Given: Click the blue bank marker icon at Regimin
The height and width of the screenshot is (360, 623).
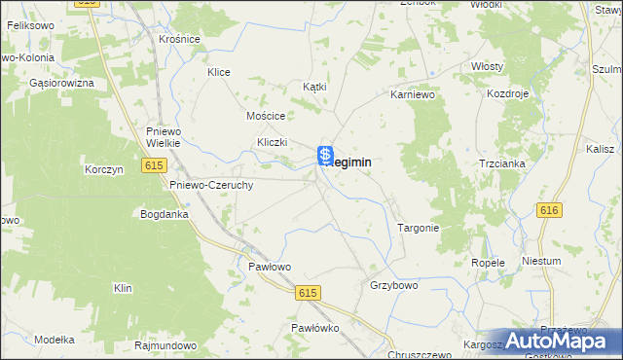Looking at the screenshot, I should pos(327,155).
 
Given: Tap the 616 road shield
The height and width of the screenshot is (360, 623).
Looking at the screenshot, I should pos(550,210).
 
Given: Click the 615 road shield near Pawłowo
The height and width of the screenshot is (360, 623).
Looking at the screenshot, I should pos(309,293).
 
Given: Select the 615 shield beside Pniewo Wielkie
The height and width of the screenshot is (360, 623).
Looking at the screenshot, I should pos(154,166).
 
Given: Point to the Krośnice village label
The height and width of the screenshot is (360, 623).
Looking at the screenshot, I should pos(179,39).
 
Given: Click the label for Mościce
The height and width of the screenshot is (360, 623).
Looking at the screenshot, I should pos(265,115).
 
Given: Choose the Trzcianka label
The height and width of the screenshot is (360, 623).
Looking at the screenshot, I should pos(501,163).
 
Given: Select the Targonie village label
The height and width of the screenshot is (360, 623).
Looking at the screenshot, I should pos(419,228).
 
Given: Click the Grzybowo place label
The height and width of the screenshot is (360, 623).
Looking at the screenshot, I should pos(393,286).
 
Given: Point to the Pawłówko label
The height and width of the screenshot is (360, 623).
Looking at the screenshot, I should pos(314,328).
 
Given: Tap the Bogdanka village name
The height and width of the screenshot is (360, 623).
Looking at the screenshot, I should pos(164,213).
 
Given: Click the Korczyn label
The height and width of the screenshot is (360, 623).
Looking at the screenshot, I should pos(102,169).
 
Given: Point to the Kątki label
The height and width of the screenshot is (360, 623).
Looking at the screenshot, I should pos(314,87).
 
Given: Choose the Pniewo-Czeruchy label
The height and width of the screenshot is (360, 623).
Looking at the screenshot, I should pos(211,185).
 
